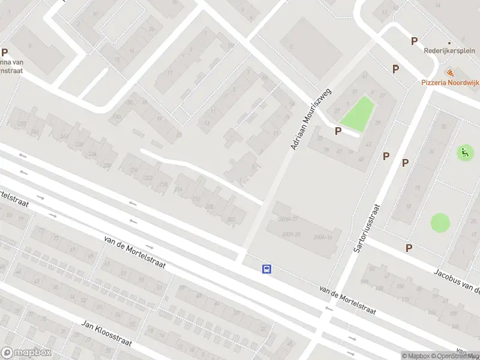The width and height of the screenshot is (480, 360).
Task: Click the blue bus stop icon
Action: (x=266, y=269)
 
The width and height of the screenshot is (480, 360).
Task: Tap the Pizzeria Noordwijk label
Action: (x=451, y=82)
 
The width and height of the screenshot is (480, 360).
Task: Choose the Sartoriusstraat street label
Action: (x=365, y=235)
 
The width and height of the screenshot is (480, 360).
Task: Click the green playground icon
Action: (x=464, y=152)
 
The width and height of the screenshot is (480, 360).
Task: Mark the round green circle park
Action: (x=440, y=223)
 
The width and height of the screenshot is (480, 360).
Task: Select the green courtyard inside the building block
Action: (x=358, y=114)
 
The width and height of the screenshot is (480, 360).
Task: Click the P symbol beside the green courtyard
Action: (x=338, y=130)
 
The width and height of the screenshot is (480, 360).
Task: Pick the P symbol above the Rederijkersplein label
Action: (x=414, y=41)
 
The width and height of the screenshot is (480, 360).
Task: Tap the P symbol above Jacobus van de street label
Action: (x=409, y=248)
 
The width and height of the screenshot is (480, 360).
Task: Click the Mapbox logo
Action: (x=26, y=353)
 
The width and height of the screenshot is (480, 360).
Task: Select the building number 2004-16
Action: (x=323, y=238)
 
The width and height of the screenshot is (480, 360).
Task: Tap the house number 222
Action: (x=148, y=178)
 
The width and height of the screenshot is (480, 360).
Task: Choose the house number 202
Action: (x=231, y=219)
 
